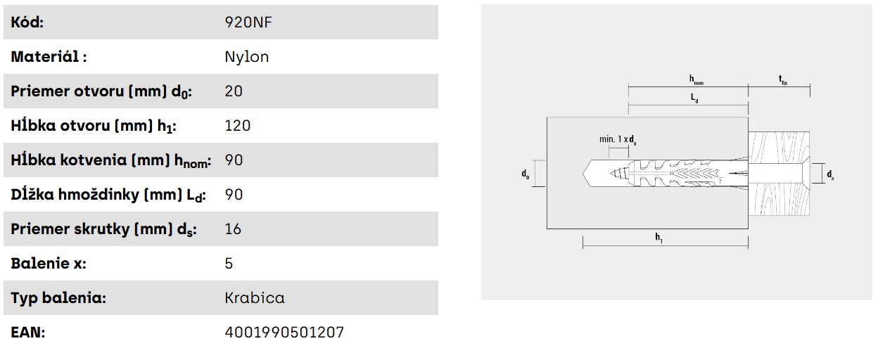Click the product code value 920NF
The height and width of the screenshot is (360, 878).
tap(248, 22)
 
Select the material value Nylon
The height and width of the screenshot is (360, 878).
tap(246, 57)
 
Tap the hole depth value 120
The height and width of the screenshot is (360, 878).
tap(237, 126)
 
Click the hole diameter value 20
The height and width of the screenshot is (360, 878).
tap(233, 91)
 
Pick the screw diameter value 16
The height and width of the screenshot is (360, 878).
tap(233, 229)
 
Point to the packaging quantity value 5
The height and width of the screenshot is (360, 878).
tap(229, 264)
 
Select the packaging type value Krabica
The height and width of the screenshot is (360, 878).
tap(254, 298)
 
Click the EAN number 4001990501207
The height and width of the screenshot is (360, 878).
tap(284, 333)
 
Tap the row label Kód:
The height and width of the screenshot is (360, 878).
tap(27, 22)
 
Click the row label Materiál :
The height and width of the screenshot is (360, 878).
tap(49, 57)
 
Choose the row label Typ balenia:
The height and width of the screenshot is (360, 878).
tap(58, 298)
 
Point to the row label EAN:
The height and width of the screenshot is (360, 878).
tap(27, 333)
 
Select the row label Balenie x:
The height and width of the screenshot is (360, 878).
tap(49, 264)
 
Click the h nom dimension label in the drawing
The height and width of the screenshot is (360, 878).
tap(695, 80)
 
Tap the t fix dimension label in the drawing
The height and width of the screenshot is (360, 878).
tap(782, 80)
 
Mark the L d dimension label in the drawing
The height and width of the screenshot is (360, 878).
tap(694, 99)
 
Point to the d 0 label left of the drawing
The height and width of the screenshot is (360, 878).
tap(525, 174)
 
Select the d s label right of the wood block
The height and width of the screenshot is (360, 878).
tap(830, 174)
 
